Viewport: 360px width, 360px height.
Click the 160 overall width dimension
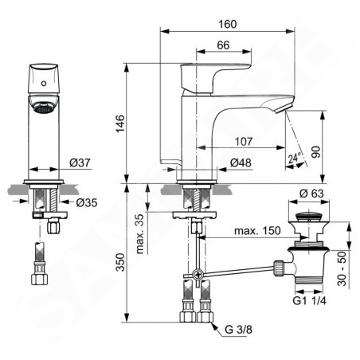click(x=228, y=24)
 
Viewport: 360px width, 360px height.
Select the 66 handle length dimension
click(x=223, y=45)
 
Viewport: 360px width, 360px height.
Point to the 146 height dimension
click(x=120, y=123)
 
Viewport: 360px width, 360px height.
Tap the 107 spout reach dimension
click(x=244, y=142)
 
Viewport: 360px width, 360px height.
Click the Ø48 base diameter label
click(x=241, y=162)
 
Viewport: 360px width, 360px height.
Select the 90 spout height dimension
click(x=316, y=152)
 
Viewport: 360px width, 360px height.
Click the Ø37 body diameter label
click(x=80, y=162)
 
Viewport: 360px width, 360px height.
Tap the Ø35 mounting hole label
click(x=87, y=203)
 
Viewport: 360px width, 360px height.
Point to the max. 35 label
click(x=140, y=233)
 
